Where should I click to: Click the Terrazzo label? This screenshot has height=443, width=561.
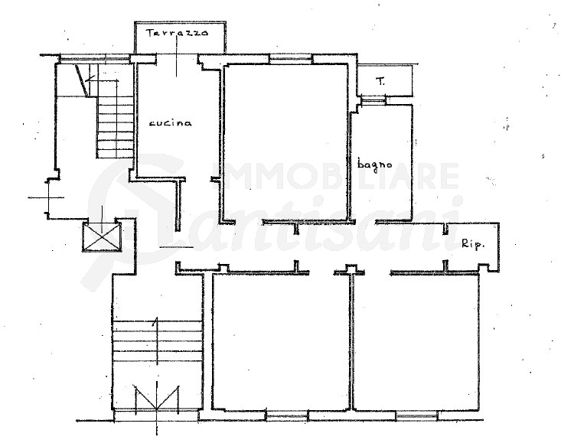tap(177, 33)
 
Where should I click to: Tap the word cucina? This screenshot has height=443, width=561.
tap(171, 123)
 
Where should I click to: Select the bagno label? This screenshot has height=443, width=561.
tap(374, 164)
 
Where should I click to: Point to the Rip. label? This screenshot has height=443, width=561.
tap(473, 244)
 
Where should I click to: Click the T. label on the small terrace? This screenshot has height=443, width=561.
tap(380, 82)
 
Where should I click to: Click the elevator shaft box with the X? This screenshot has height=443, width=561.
tap(102, 236)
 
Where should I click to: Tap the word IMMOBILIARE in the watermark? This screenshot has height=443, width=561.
tap(336, 176)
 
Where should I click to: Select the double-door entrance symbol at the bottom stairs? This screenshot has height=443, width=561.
tap(157, 397)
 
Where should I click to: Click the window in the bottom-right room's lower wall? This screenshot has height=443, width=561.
tap(416, 415)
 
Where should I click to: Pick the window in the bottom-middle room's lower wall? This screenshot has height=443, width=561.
tap(287, 415)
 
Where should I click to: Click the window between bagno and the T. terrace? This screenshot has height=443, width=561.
tap(373, 100)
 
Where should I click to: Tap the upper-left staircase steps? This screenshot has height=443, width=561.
tap(116, 127)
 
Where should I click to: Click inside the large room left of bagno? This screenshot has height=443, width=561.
tap(286, 142)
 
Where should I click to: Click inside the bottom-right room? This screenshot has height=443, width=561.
tap(416, 341)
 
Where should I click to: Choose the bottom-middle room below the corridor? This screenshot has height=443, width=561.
tap(280, 341)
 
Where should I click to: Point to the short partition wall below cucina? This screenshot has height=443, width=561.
tap(178, 204)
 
